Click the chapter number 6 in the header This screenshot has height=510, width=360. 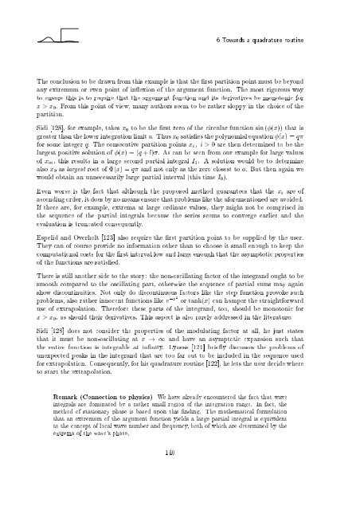(x=221, y=41)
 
